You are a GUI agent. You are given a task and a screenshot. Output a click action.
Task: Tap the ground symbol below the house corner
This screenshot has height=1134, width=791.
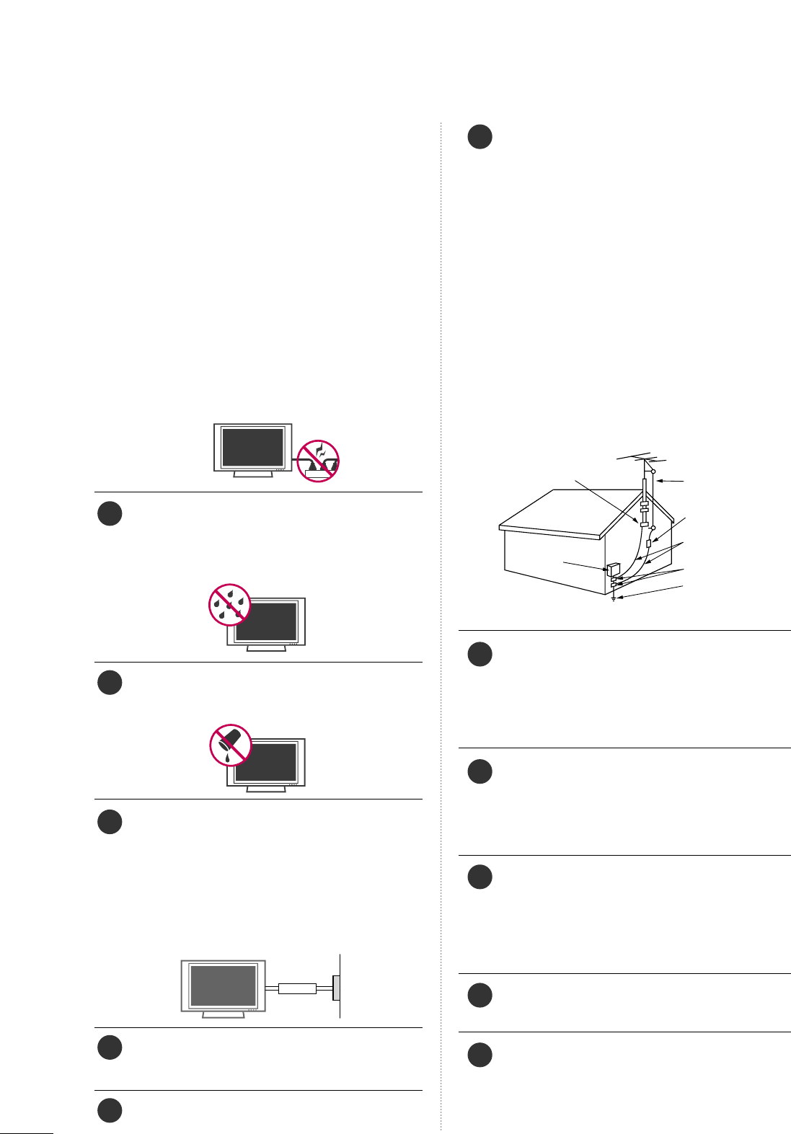coord(613,598)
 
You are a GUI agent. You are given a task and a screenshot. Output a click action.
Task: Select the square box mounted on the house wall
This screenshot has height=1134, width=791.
coord(614,568)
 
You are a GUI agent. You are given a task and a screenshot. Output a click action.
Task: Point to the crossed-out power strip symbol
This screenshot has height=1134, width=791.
coord(319,460)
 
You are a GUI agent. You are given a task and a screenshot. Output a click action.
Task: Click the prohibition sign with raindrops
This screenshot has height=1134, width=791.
coord(229,604)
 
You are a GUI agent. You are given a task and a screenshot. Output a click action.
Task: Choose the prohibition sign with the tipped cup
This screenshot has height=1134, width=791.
coord(230,744)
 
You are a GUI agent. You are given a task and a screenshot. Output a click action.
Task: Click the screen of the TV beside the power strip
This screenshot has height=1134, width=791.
coord(252,447)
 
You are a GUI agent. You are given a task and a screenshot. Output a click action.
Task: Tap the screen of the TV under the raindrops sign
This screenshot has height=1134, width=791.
coord(267,621)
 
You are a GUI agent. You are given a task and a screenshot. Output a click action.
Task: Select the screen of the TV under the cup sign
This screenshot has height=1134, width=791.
coord(267,762)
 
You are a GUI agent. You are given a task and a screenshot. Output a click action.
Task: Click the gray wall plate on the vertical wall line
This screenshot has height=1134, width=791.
coord(336,988)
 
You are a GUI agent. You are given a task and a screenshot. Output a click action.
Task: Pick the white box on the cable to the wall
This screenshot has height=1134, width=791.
coord(298,988)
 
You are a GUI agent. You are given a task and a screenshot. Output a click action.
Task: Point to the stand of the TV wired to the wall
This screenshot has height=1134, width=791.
coord(224,1014)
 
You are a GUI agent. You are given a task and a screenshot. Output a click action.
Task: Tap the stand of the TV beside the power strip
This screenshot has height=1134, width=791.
coord(253,475)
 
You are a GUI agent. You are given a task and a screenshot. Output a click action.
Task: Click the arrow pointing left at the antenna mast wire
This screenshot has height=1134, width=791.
coord(671,480)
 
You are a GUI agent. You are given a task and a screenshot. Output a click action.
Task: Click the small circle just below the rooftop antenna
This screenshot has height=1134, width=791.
coord(653,471)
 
